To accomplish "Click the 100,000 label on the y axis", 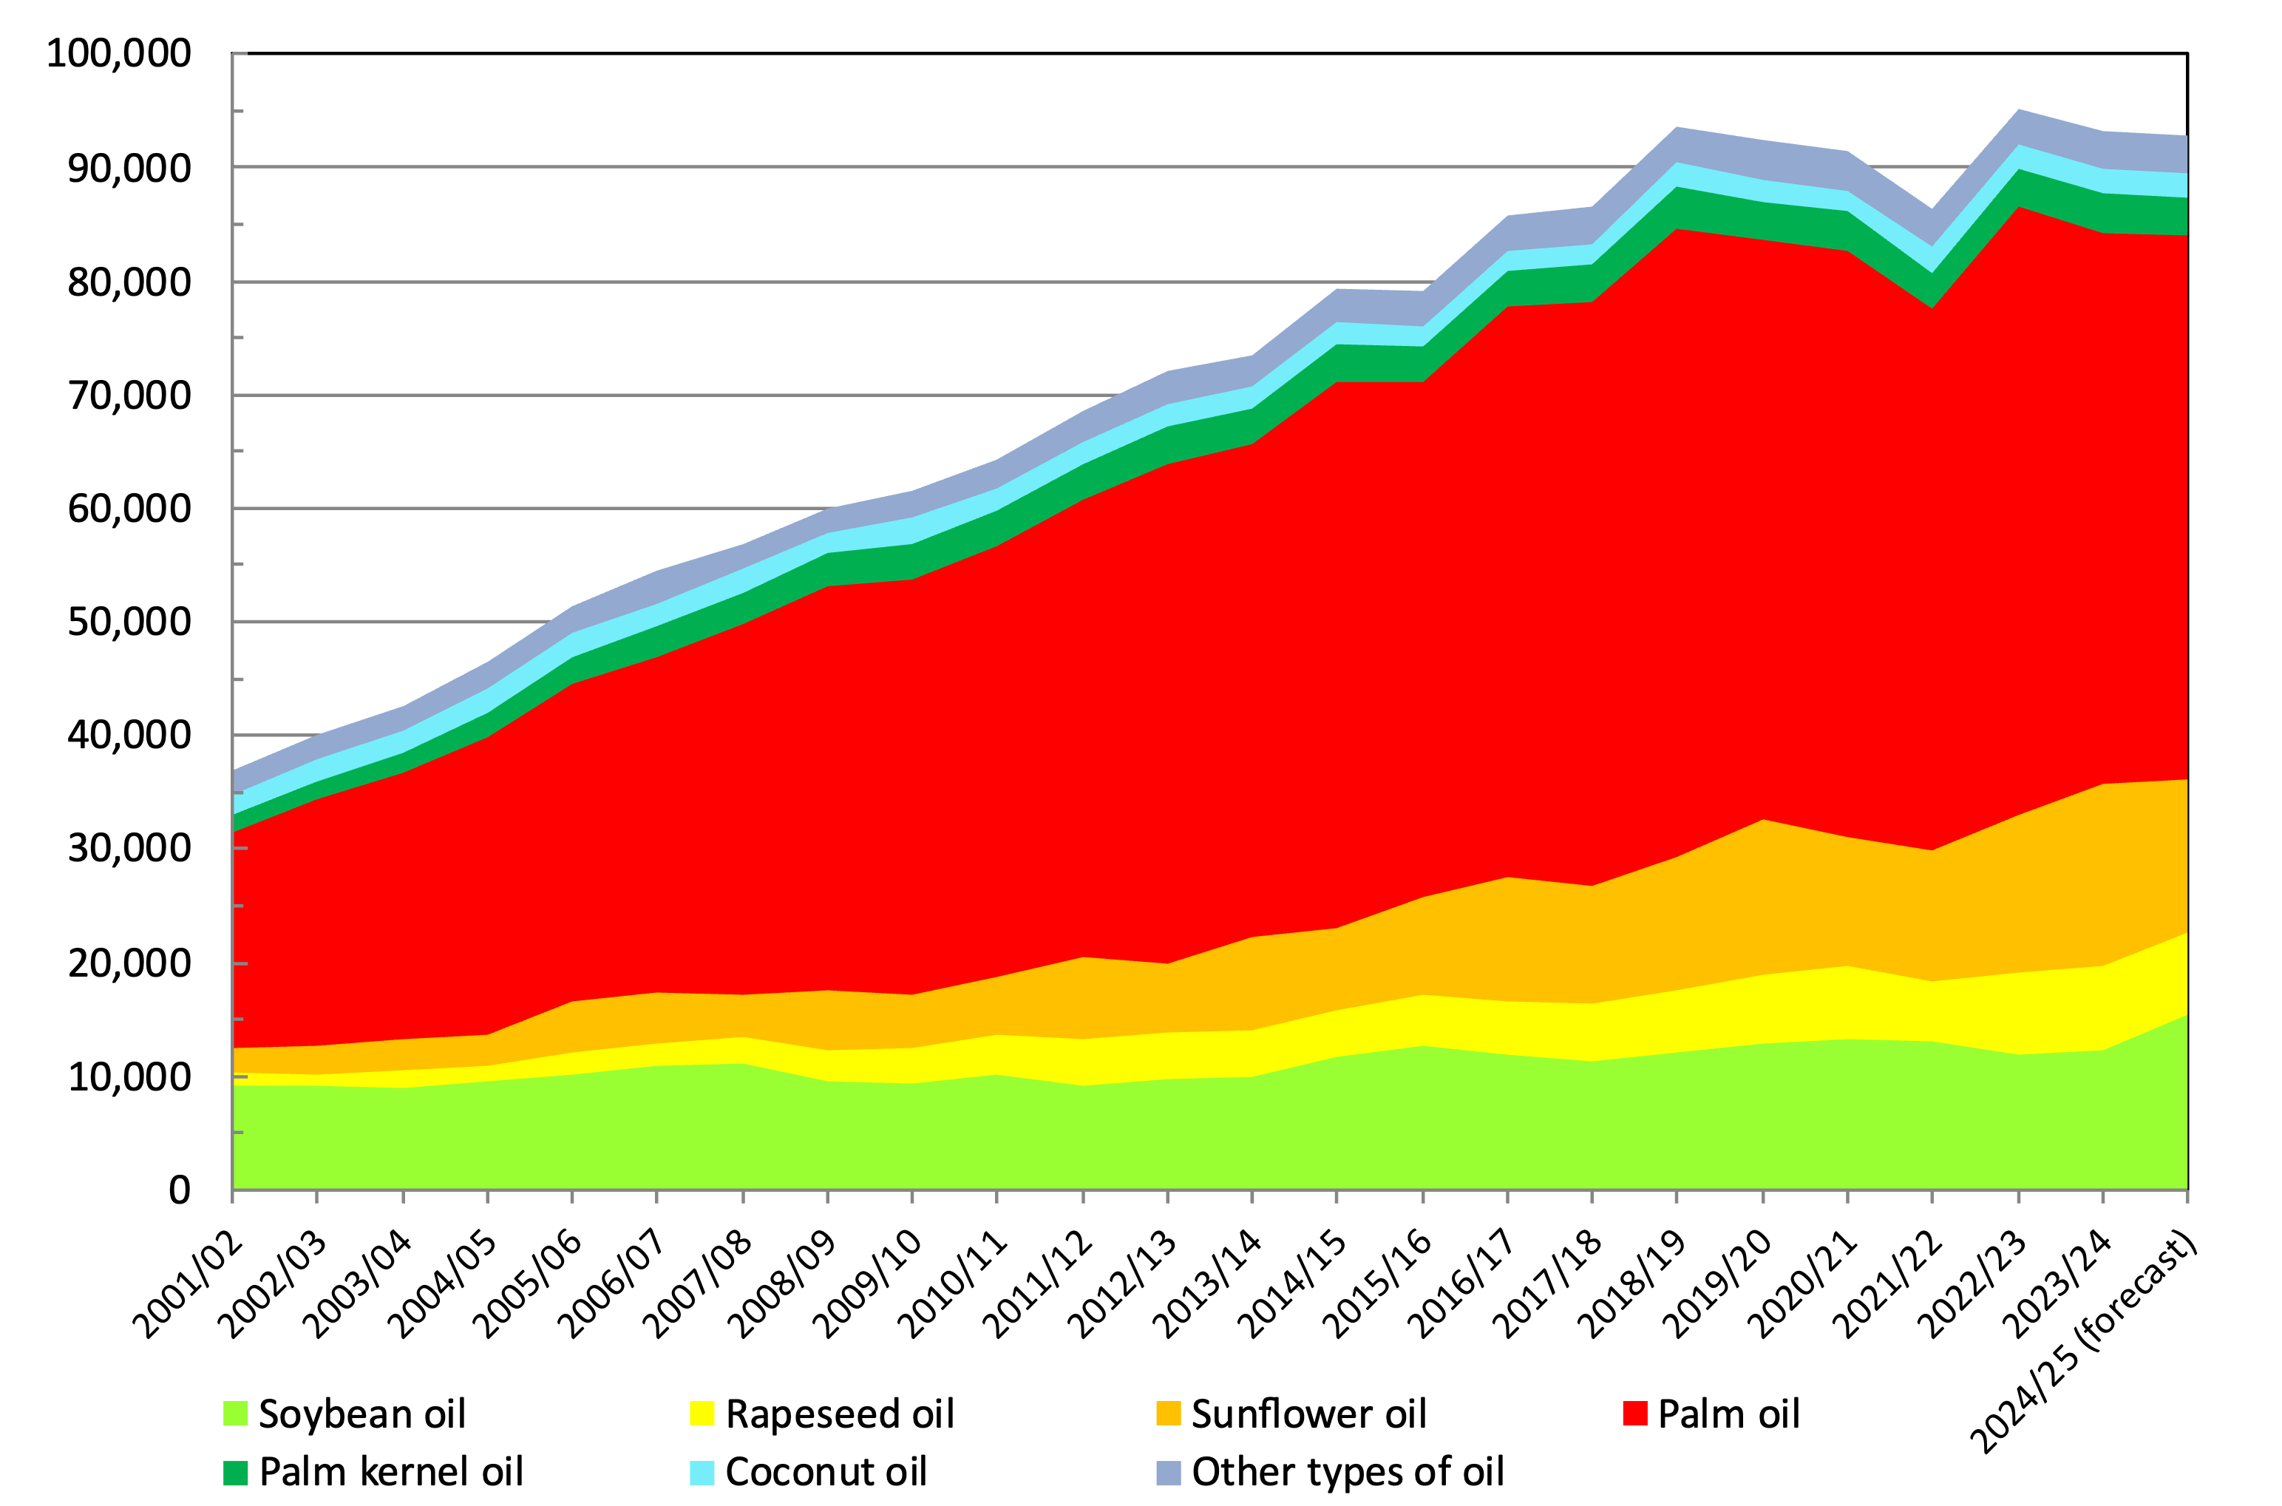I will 119,54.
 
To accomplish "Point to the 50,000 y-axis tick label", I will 129,623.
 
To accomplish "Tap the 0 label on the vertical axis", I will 180,1191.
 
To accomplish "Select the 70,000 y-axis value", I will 129,395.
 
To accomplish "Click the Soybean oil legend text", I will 362,1414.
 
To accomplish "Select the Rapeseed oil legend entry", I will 840,1414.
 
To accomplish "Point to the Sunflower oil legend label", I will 1308,1414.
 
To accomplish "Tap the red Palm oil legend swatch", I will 1635,1414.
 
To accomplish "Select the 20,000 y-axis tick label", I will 129,963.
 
